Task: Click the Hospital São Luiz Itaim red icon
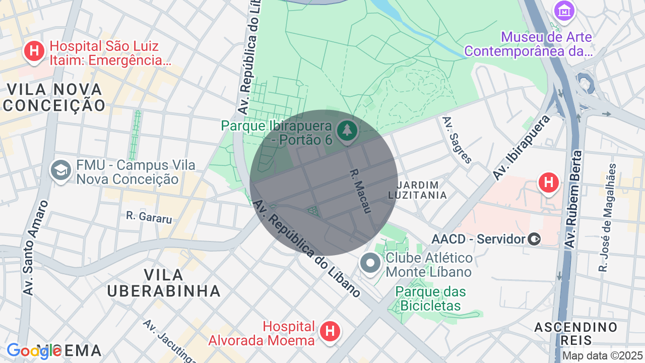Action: (34, 51)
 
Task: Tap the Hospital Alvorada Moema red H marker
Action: (330, 331)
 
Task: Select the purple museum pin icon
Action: (564, 10)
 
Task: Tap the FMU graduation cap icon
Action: (61, 170)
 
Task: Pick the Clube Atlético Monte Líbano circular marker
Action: (371, 263)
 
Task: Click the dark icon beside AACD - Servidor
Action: (535, 239)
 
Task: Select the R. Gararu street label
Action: (149, 217)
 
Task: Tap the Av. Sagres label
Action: (457, 140)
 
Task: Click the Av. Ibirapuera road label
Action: (521, 147)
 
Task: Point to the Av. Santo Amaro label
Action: (35, 248)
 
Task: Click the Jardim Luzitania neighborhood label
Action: (418, 190)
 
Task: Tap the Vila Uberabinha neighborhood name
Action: (164, 283)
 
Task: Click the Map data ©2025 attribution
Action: (602, 356)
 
